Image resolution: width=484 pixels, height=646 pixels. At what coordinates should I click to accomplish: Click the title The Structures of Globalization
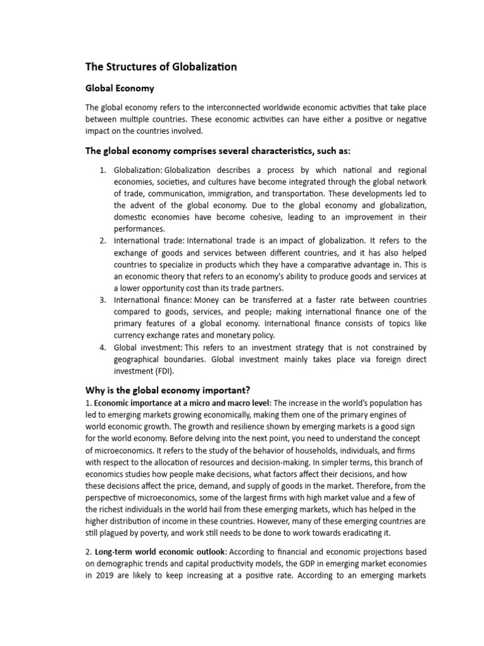(x=161, y=67)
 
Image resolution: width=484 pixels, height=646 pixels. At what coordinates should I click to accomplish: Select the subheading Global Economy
(x=120, y=88)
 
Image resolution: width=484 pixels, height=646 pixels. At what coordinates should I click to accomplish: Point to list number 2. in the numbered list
(x=103, y=240)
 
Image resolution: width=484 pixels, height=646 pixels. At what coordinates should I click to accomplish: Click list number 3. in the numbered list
(x=103, y=299)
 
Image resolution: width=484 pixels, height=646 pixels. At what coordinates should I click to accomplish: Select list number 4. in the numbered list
(x=103, y=348)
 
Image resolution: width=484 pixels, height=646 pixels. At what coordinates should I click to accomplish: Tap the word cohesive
(x=247, y=217)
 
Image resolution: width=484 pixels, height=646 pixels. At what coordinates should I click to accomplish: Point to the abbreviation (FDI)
(x=163, y=371)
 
